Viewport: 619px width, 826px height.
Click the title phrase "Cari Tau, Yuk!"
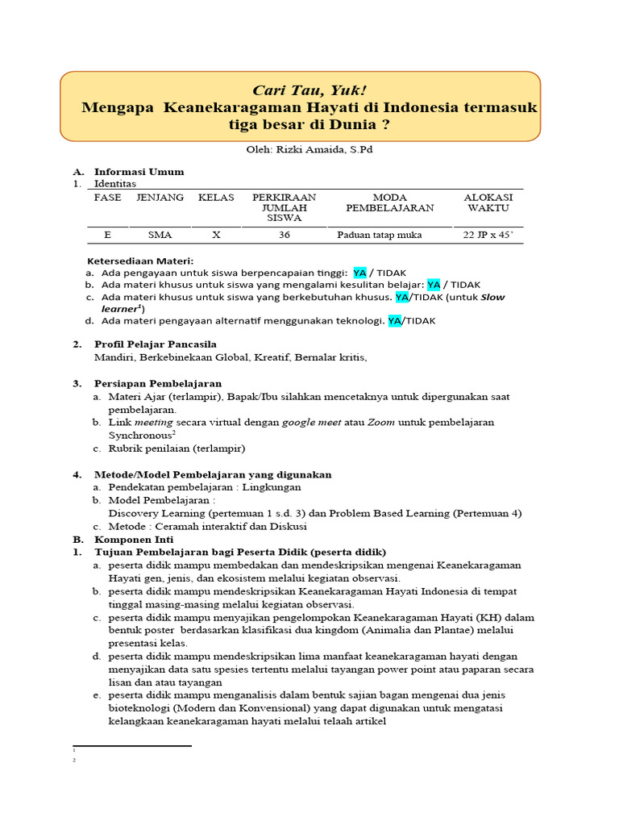pyautogui.click(x=299, y=90)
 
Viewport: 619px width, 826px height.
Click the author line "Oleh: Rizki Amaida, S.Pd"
pyautogui.click(x=309, y=150)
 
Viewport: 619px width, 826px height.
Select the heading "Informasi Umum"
pyautogui.click(x=139, y=172)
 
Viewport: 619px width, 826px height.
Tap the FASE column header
pyautogui.click(x=107, y=198)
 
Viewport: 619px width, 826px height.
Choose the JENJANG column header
pyautogui.click(x=160, y=198)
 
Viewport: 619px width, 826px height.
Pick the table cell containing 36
pyautogui.click(x=284, y=236)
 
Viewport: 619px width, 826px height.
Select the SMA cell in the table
pyautogui.click(x=160, y=236)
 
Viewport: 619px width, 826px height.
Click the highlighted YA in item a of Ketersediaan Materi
pyautogui.click(x=359, y=273)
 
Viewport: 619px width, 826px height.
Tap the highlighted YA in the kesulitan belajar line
pyautogui.click(x=434, y=285)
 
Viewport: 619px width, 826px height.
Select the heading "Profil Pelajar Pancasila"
pyautogui.click(x=156, y=344)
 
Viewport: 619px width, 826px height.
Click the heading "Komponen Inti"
pyautogui.click(x=133, y=539)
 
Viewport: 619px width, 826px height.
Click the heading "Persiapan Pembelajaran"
pyautogui.click(x=157, y=383)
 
